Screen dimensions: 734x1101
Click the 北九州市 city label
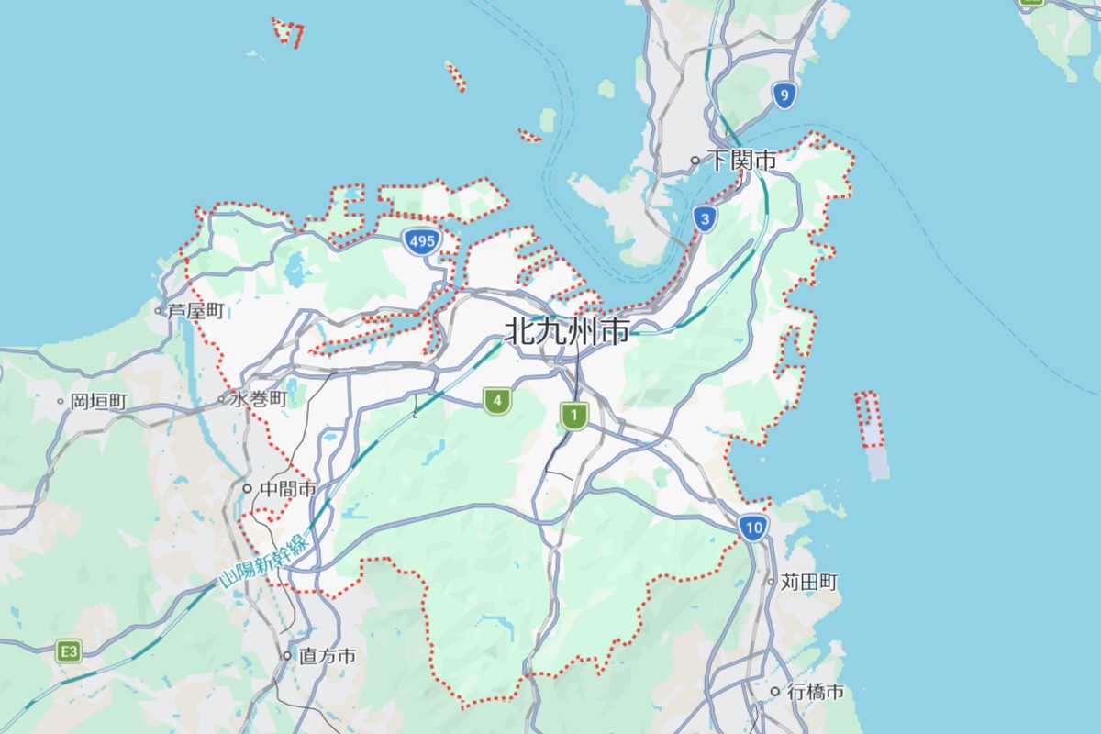point(568,331)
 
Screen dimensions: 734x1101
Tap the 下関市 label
point(742,161)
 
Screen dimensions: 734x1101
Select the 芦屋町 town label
point(195,311)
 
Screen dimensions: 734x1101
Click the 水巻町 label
point(260,399)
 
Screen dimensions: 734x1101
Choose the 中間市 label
point(288,489)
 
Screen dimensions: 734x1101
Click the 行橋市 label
point(815,692)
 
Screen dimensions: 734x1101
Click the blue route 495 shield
point(421,242)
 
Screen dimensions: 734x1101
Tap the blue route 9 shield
point(783,95)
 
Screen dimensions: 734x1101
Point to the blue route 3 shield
point(705,219)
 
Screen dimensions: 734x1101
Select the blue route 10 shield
point(753,528)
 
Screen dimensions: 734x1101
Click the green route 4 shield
point(497,400)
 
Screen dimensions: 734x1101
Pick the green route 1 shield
point(574,417)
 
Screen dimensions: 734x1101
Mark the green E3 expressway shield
point(69,651)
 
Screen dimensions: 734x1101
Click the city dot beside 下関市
point(695,161)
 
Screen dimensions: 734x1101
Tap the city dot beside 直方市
point(287,656)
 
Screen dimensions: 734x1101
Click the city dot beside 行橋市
point(775,692)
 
